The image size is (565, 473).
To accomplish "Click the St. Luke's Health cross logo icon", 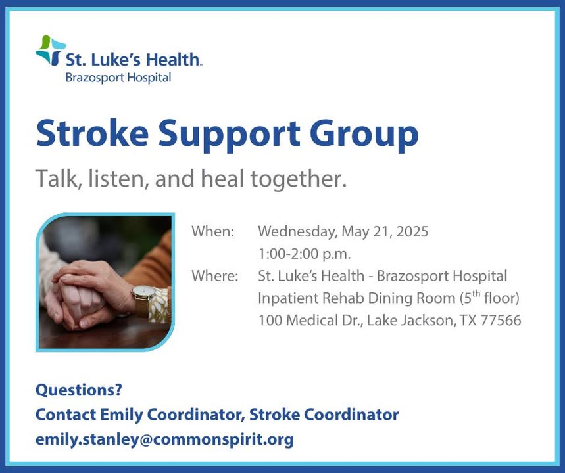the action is (x=51, y=51).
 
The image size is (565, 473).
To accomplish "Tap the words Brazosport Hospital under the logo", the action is (x=118, y=78).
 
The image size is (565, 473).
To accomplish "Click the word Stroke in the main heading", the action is (x=92, y=133).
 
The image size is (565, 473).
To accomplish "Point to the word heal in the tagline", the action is (x=222, y=178).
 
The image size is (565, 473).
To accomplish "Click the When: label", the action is (x=213, y=231).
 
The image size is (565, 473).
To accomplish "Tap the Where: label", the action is (x=215, y=276).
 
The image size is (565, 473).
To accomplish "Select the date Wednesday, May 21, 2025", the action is (x=343, y=232).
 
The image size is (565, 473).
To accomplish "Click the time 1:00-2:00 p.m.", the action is (x=305, y=254).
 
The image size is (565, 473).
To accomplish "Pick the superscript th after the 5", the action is (x=476, y=294).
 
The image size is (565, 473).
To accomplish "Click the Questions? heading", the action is (x=79, y=390).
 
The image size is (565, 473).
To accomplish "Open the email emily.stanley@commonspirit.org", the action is (x=164, y=439).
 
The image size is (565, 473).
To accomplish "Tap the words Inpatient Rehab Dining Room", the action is (x=356, y=298).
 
